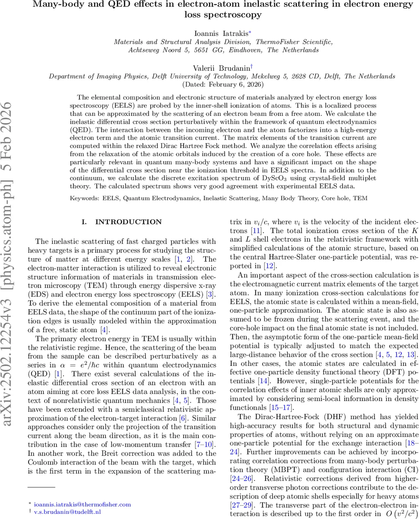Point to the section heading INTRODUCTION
(x=128, y=222)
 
